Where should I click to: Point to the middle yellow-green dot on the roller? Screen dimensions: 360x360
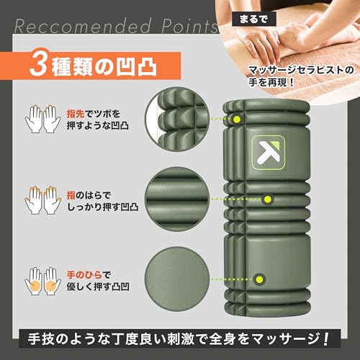[x=267, y=198]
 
